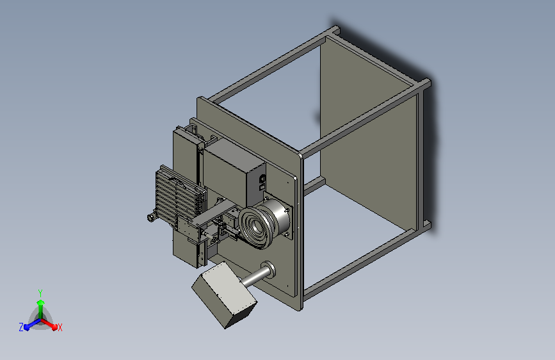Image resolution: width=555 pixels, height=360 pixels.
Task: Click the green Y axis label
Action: click(40, 293)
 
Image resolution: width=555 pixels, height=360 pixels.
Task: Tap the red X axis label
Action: click(60, 327)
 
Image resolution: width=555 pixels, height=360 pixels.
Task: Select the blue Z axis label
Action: click(21, 327)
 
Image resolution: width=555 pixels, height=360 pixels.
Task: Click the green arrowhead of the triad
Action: click(40, 303)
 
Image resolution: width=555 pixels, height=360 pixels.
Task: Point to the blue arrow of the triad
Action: click(33, 324)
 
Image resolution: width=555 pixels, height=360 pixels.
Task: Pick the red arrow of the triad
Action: click(49, 323)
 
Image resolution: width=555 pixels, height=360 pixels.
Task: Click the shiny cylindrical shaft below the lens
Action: click(256, 277)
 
